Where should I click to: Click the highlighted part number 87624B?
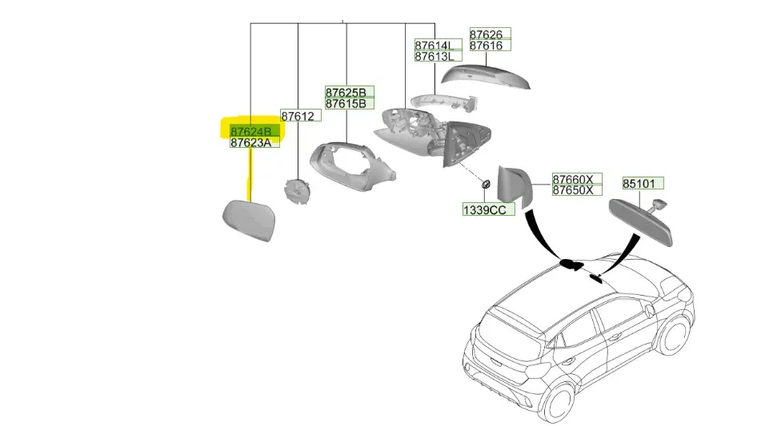pos(251,132)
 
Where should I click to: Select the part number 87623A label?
pos(251,143)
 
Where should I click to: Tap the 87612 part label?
pos(298,116)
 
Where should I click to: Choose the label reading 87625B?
pos(346,92)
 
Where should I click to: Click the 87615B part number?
pos(346,103)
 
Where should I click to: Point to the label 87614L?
pos(435,46)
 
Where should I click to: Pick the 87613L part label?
pos(435,56)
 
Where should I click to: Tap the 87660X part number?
pos(573,179)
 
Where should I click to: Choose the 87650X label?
pos(573,190)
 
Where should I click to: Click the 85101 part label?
pos(639,184)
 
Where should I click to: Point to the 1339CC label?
pos(485,210)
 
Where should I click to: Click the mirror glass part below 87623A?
pos(249,220)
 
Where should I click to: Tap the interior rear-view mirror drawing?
pos(641,221)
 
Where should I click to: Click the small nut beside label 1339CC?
pos(486,185)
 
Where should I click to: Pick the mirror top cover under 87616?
pos(485,77)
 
